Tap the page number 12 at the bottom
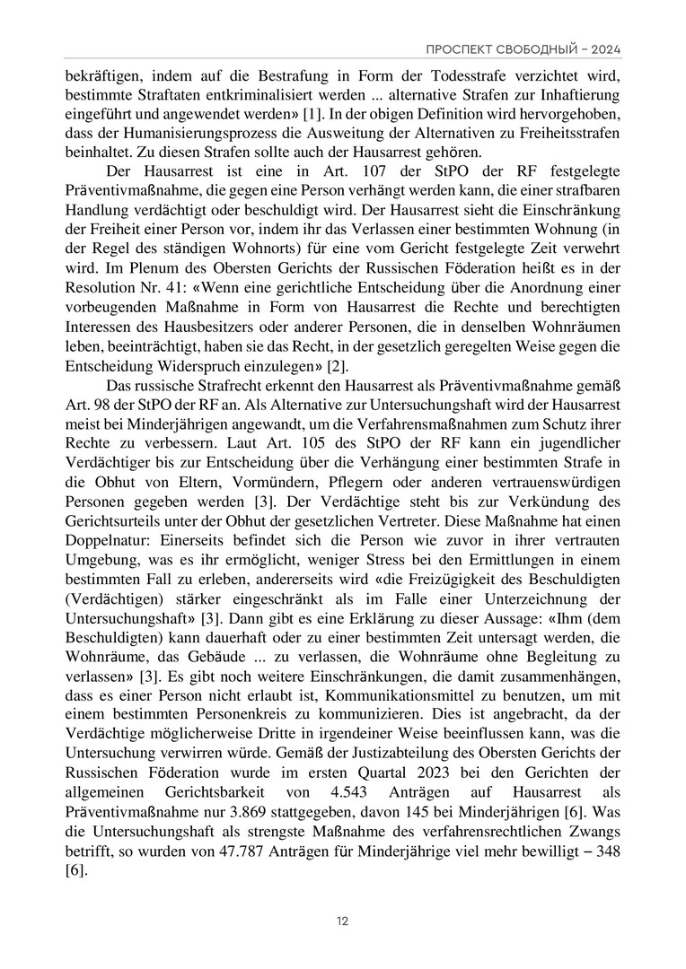[x=343, y=921]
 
